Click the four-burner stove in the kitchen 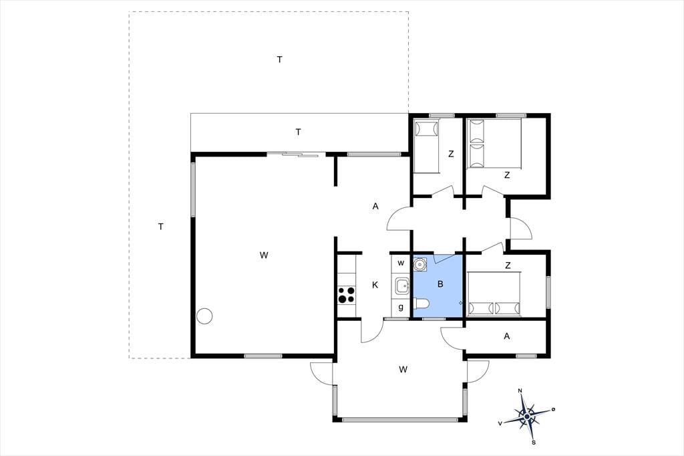[x=347, y=295]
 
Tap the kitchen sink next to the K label [x=402, y=288]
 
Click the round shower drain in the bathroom [x=420, y=264]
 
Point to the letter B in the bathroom [x=440, y=284]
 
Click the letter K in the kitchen [x=375, y=286]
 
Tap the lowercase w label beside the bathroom [x=401, y=263]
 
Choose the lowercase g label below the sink [x=401, y=308]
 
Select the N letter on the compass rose [x=520, y=390]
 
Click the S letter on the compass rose [x=534, y=443]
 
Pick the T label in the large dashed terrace [x=280, y=60]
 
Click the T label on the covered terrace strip [x=299, y=132]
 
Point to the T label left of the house [x=161, y=227]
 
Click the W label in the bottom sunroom [x=403, y=370]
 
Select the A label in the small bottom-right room [x=506, y=336]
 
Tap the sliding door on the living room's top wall [x=296, y=154]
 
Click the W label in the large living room [x=263, y=255]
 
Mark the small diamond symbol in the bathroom [x=461, y=303]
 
